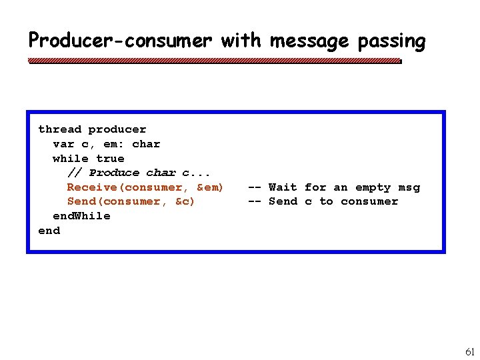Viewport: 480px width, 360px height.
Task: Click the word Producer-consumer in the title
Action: [x=120, y=41]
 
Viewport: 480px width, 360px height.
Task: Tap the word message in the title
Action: [x=309, y=41]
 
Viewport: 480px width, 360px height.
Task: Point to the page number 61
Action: [x=469, y=351]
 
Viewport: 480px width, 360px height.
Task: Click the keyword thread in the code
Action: [x=59, y=129]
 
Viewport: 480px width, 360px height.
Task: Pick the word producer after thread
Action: [x=117, y=129]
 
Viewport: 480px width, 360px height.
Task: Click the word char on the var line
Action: [x=146, y=144]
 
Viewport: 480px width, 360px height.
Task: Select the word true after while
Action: [x=110, y=159]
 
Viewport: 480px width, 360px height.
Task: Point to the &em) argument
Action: [x=210, y=187]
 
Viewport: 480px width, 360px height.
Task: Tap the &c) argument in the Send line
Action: [x=181, y=201]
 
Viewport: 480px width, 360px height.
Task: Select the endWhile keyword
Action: [x=81, y=216]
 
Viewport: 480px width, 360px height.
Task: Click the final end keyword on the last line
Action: [x=49, y=231]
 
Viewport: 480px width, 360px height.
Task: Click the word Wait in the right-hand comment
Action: [x=283, y=187]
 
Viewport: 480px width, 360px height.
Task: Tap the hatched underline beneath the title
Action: [x=213, y=61]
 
